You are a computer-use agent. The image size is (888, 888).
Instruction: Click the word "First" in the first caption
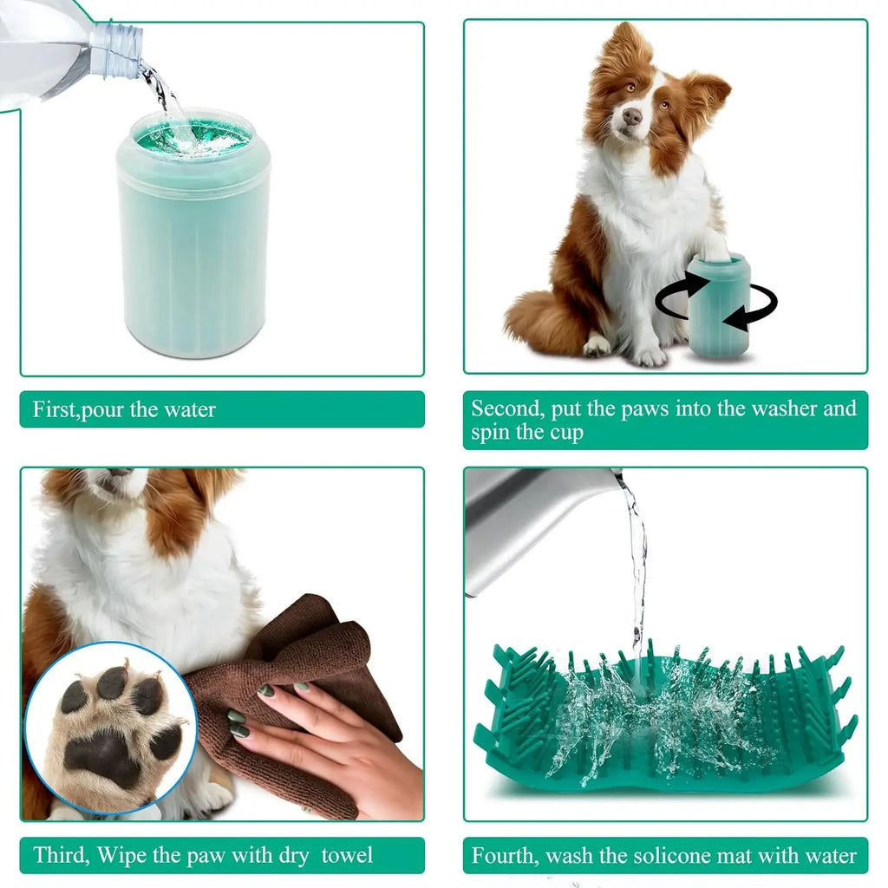(x=55, y=409)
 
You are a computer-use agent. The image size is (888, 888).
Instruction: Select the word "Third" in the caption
(x=62, y=855)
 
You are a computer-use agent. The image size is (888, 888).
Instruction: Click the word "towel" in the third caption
(x=347, y=855)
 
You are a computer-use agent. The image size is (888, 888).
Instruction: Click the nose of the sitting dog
(x=632, y=116)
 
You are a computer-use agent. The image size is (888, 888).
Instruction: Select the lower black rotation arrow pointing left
(x=750, y=313)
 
